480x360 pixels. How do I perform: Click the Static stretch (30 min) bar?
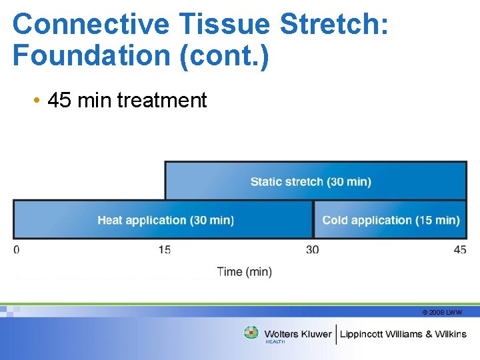click(x=315, y=181)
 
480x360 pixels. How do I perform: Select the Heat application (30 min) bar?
click(x=163, y=219)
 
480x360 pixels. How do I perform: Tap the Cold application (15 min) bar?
click(x=391, y=219)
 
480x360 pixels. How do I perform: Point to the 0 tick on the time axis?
click(x=17, y=250)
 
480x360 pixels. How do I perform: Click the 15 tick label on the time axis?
click(x=165, y=250)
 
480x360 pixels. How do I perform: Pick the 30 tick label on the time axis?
click(x=312, y=250)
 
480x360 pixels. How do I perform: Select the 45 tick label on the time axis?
click(x=460, y=250)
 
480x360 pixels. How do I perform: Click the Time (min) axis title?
click(x=244, y=271)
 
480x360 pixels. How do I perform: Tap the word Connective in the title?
click(x=91, y=25)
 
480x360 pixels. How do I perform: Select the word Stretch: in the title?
click(x=334, y=25)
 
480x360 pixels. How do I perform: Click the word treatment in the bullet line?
click(x=162, y=101)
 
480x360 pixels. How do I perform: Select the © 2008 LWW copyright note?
click(x=442, y=312)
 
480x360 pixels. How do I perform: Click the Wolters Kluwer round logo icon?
click(x=251, y=333)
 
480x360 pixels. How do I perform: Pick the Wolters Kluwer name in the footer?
click(x=298, y=334)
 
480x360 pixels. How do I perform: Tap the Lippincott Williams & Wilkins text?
click(x=403, y=334)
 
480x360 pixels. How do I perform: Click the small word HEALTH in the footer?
click(x=275, y=342)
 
